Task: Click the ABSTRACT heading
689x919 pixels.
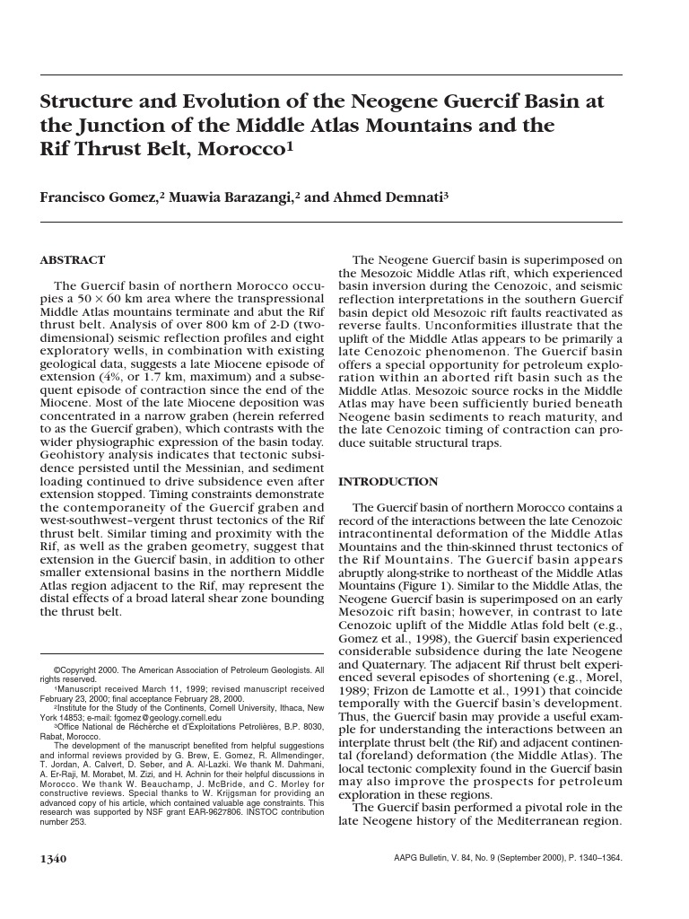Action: [x=73, y=260]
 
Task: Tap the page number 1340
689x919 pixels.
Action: [x=53, y=859]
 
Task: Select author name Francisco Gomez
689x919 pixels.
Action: [x=98, y=197]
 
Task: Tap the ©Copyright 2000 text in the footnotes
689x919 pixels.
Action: [x=87, y=670]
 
